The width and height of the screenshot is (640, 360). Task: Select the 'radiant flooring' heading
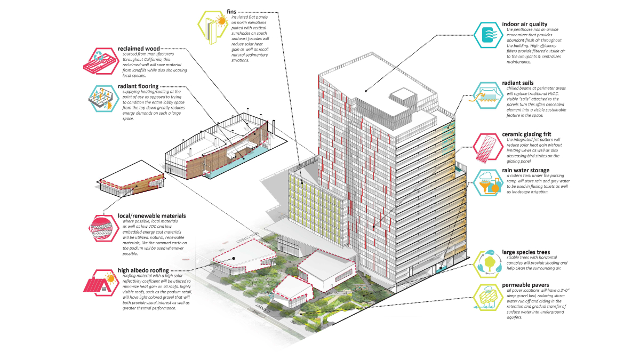(x=138, y=86)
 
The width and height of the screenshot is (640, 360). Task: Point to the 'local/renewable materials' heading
(x=152, y=216)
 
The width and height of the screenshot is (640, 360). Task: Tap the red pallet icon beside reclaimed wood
(x=101, y=60)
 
